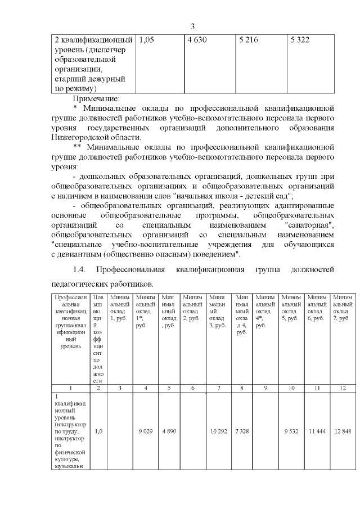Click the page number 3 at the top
pyautogui.click(x=192, y=26)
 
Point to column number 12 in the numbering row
pyautogui.click(x=343, y=388)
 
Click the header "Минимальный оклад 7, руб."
pyautogui.click(x=343, y=307)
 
